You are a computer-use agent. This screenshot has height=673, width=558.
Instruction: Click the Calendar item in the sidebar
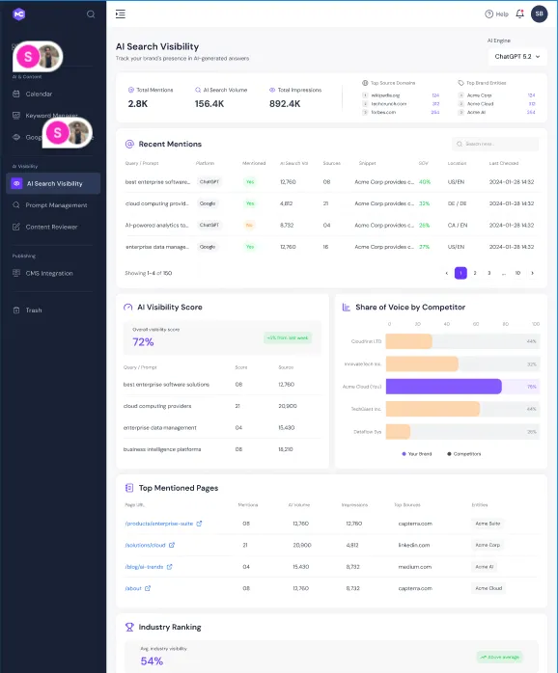[39, 94]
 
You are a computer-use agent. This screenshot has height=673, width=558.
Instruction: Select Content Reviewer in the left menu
[51, 228]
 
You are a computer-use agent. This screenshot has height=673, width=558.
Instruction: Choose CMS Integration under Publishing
[49, 274]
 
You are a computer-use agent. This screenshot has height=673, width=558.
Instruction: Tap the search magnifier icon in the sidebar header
[91, 14]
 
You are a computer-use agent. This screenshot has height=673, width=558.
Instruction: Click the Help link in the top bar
[496, 14]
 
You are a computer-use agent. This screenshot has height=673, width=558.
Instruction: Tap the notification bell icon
[520, 13]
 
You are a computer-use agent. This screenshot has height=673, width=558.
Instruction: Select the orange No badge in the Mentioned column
[250, 225]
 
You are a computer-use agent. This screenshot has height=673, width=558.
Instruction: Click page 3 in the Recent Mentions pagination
[488, 273]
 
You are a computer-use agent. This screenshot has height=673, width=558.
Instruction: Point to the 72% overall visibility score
[143, 342]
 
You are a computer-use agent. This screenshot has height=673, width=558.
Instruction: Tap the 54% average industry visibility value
[152, 660]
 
